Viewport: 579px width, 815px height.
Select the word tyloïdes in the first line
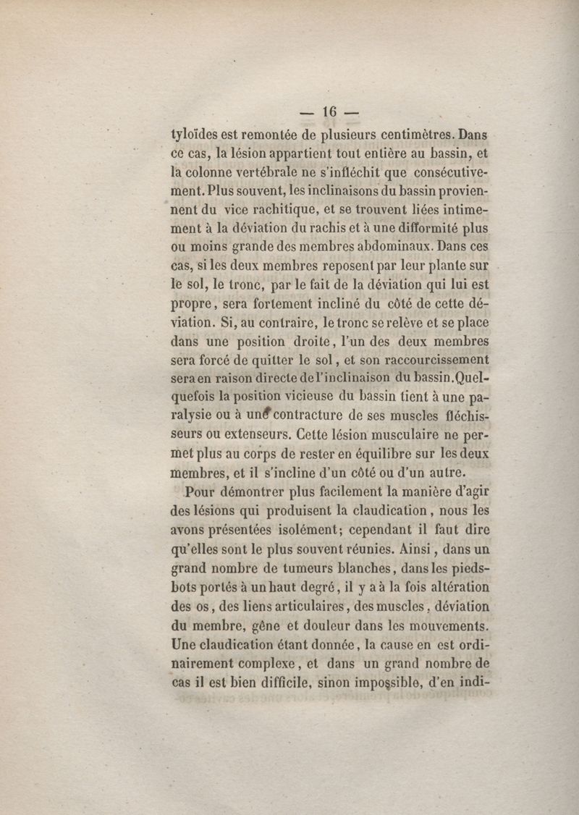click(x=196, y=134)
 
